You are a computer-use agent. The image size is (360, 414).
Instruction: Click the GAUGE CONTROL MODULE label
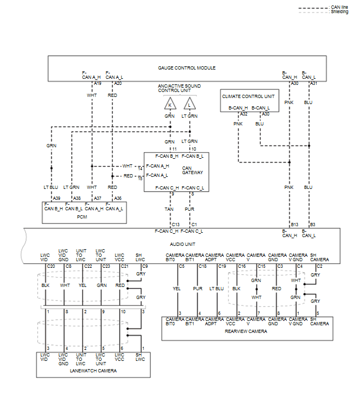[187, 68]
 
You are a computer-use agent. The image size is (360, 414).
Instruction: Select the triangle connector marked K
[170, 104]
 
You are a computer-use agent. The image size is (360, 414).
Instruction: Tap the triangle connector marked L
[189, 104]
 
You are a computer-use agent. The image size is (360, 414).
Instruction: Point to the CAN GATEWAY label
[190, 170]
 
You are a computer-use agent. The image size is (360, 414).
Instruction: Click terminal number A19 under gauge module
[97, 83]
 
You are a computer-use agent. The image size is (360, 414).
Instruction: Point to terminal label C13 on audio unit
[176, 225]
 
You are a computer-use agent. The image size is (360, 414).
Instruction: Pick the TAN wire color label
[170, 209]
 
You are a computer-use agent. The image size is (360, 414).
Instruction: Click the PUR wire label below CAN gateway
[189, 209]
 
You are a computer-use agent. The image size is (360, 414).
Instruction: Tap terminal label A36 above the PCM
[118, 198]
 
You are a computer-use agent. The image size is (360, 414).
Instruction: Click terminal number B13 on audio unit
[294, 225]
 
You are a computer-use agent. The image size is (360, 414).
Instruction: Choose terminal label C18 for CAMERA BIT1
[202, 266]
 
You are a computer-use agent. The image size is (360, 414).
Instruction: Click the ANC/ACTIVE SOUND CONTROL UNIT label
[179, 88]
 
